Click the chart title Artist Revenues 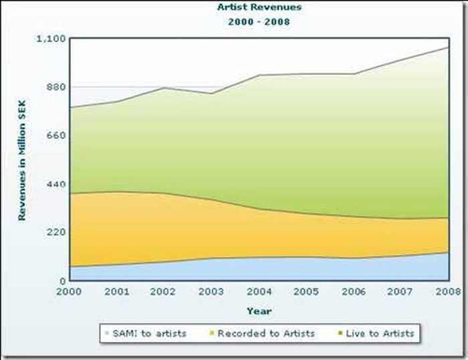(x=259, y=7)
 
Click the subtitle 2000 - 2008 (x=259, y=21)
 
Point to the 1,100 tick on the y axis (x=51, y=38)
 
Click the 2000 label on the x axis (x=69, y=291)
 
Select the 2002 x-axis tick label (x=164, y=291)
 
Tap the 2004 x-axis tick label (x=259, y=291)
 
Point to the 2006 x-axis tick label (x=353, y=291)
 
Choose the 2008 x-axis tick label (x=447, y=291)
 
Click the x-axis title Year (x=259, y=311)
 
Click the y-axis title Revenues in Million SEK (x=21, y=159)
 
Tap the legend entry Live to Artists (x=379, y=333)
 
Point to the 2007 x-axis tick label (x=400, y=291)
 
